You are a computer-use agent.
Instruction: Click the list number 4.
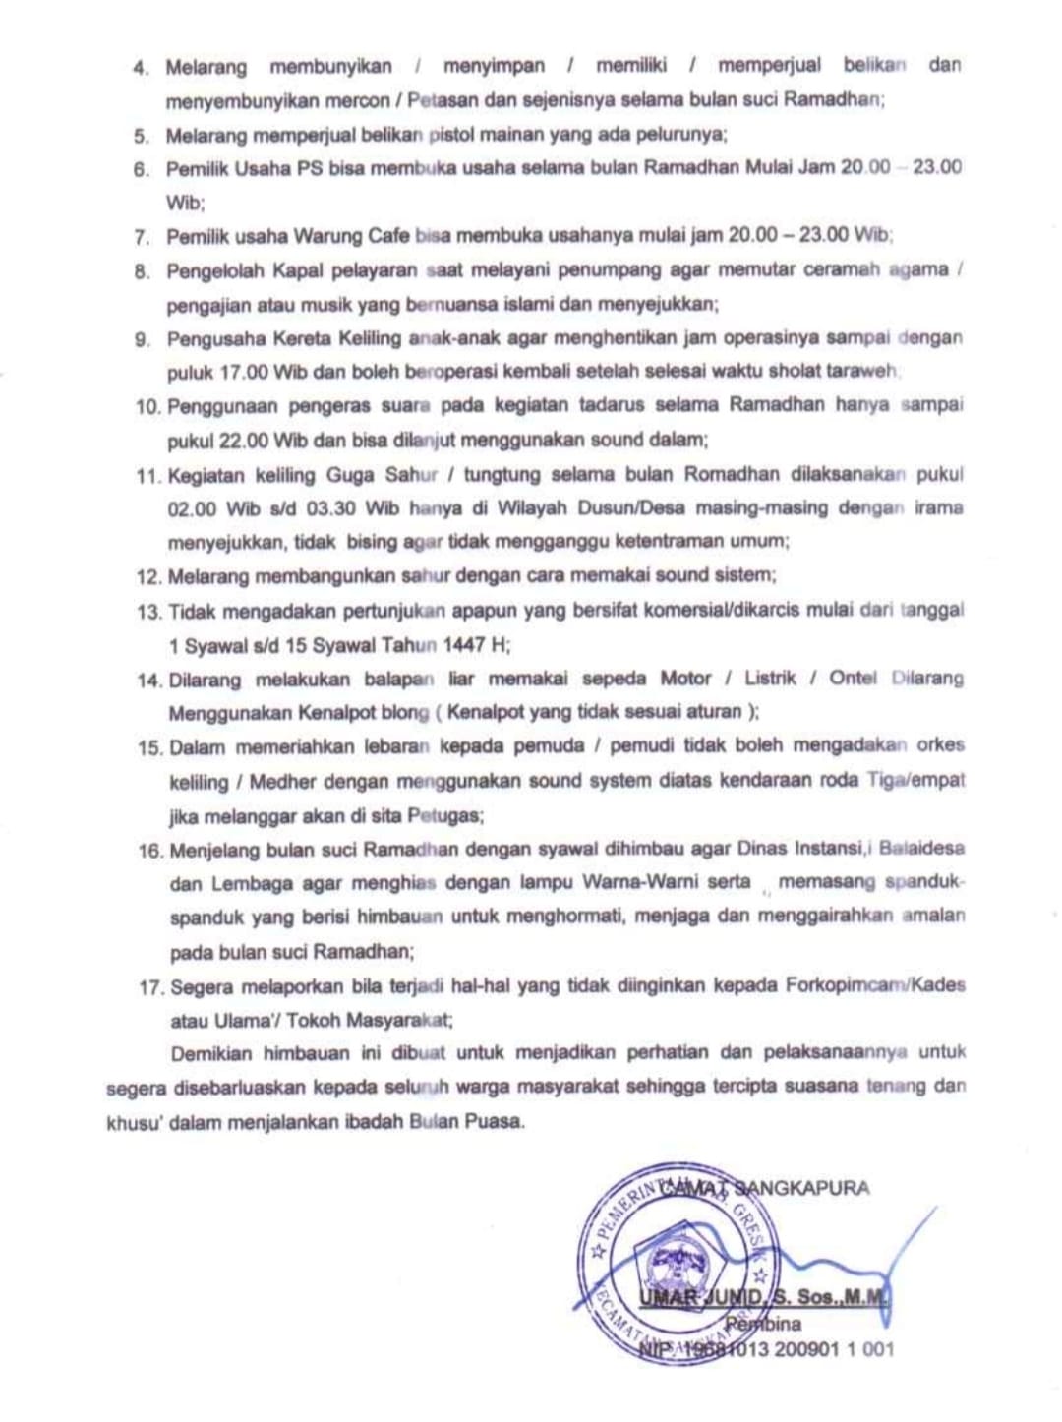[x=140, y=68]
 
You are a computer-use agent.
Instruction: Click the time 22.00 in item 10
[x=243, y=440]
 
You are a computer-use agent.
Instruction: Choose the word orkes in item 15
[x=939, y=745]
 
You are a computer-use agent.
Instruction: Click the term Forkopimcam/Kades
[x=875, y=985]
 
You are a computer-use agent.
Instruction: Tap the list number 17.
[x=151, y=987]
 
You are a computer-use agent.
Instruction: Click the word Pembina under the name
[x=764, y=1324]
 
